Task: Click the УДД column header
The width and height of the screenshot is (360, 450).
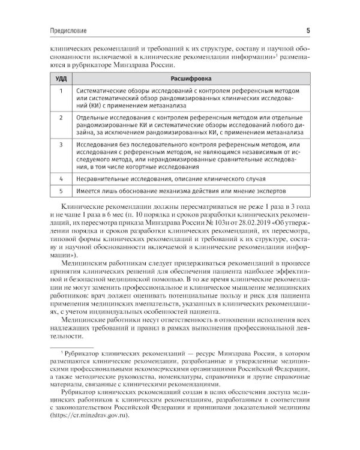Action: pyautogui.click(x=61, y=78)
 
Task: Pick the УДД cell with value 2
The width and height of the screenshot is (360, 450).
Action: pyautogui.click(x=61, y=118)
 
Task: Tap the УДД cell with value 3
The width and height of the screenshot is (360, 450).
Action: pyautogui.click(x=61, y=145)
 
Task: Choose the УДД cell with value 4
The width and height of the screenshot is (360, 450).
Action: pyautogui.click(x=61, y=179)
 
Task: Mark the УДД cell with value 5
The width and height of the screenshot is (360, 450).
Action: pyautogui.click(x=61, y=191)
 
